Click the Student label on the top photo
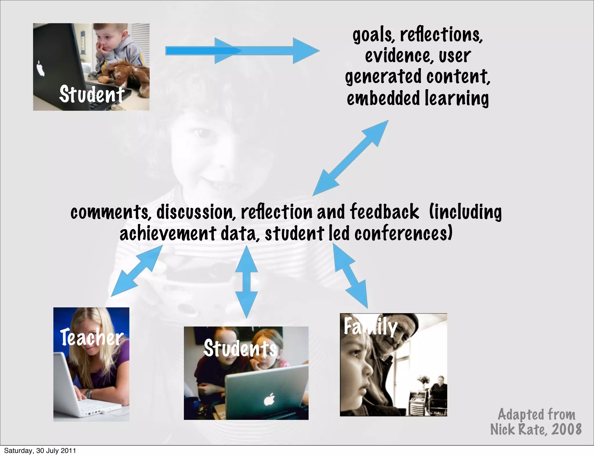tap(92, 94)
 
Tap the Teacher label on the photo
tap(92, 337)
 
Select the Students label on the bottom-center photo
tap(240, 348)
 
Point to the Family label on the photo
tap(370, 327)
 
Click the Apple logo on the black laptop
tap(41, 69)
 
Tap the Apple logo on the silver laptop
tap(269, 400)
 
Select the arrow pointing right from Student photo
tap(242, 51)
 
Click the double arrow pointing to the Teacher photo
tap(136, 271)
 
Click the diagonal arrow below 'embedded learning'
tap(350, 158)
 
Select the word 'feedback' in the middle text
tap(385, 212)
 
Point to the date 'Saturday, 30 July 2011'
tap(40, 451)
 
